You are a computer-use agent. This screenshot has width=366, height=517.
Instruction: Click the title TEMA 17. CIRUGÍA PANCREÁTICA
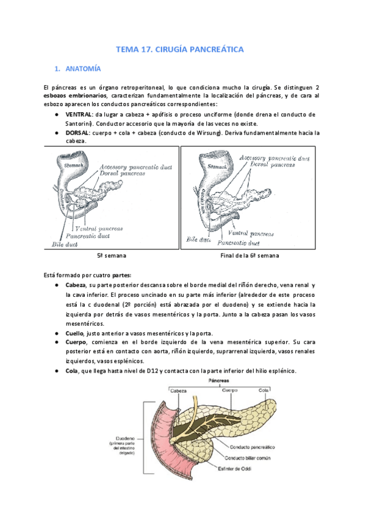tap(182, 49)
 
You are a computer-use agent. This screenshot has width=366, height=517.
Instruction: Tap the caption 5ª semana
tap(111, 255)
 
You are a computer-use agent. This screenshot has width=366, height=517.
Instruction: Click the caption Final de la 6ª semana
tap(249, 255)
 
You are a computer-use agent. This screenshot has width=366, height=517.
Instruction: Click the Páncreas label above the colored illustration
tap(219, 380)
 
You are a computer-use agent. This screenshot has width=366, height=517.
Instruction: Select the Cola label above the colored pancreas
tap(264, 390)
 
